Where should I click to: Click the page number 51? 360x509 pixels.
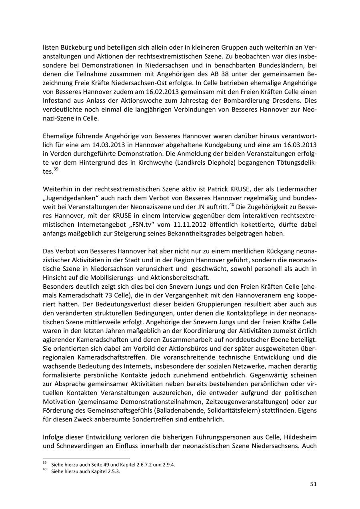tap(313, 484)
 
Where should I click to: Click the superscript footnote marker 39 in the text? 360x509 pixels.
tap(56, 169)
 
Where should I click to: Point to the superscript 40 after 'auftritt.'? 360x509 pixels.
tap(231, 206)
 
